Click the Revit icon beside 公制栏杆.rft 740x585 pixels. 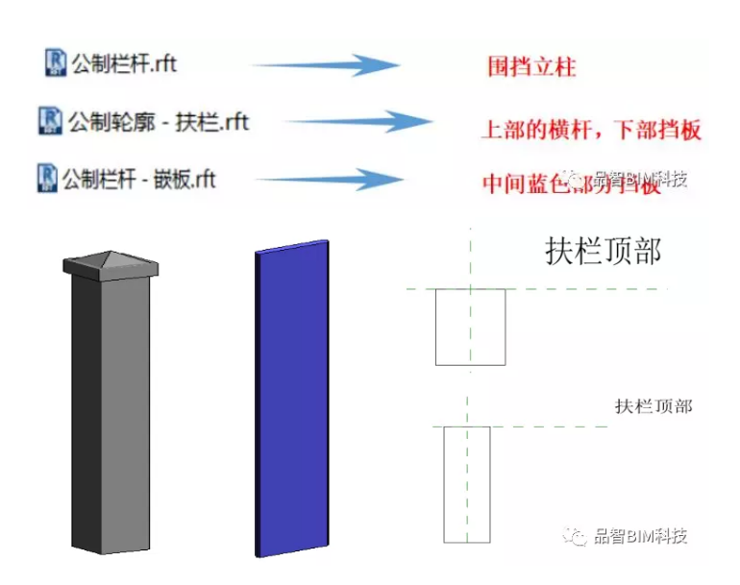click(56, 63)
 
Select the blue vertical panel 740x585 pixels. click(292, 398)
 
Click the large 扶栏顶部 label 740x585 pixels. click(603, 252)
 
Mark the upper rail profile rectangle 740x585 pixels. click(470, 327)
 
